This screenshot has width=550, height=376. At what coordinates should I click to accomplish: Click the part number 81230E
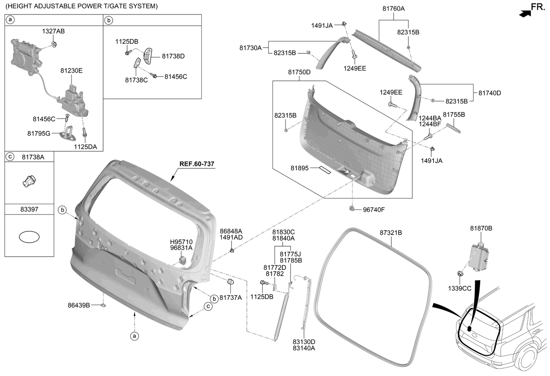pos(71,70)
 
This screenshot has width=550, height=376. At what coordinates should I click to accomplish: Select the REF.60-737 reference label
pos(197,164)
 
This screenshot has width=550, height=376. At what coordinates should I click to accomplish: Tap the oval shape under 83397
pos(29,237)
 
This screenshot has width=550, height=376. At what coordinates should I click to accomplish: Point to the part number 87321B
pos(391,233)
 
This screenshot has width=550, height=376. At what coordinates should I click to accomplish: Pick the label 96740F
pos(374,210)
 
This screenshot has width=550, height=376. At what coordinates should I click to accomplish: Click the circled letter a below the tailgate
pos(134,336)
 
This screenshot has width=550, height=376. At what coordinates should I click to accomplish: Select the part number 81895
pos(300,168)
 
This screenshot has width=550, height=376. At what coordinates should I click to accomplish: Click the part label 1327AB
pos(53,31)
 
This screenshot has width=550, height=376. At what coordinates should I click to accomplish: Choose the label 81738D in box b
pos(173,56)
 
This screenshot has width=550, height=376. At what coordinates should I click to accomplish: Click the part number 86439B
pos(79,305)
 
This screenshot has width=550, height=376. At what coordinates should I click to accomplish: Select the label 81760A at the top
pos(394,8)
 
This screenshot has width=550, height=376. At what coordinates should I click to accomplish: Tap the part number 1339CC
pos(459,288)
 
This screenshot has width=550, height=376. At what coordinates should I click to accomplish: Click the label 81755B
pos(454,115)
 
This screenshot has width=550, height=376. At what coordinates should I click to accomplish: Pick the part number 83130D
pos(304,342)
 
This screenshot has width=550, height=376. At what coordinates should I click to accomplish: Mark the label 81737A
pos(231,298)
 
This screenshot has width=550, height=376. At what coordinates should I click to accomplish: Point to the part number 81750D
pos(299,72)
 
